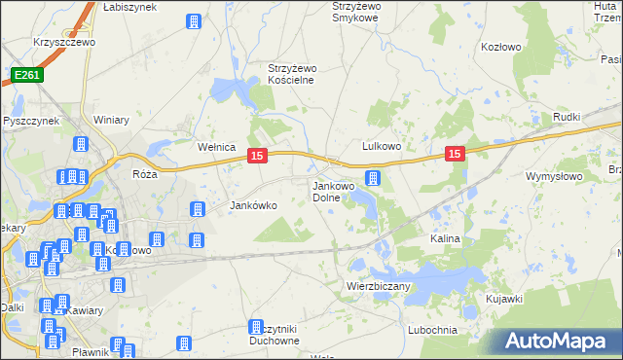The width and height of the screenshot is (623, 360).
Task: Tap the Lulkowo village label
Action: (x=383, y=146)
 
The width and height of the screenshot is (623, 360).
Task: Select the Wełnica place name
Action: (x=217, y=147)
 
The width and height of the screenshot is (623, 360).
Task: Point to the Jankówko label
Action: (x=253, y=205)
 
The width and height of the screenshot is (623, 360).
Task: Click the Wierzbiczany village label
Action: (x=379, y=287)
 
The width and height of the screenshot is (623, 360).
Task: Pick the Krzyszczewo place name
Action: (x=62, y=43)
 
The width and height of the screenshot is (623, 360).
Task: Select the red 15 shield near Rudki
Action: (x=455, y=153)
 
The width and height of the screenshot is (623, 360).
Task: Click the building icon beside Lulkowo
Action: (x=372, y=177)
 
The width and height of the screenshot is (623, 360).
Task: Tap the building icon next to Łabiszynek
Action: (x=193, y=21)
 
